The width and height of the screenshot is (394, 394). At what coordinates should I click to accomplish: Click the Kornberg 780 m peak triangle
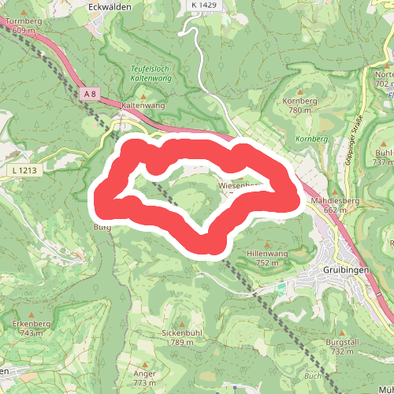(300, 91)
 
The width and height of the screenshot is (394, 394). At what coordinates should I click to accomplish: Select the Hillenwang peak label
(268, 254)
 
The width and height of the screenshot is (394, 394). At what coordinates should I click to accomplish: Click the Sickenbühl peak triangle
(183, 324)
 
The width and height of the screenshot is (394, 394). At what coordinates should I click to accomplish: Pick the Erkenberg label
(32, 323)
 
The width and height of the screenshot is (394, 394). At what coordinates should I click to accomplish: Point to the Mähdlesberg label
(335, 201)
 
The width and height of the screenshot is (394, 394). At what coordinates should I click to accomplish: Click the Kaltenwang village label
(142, 104)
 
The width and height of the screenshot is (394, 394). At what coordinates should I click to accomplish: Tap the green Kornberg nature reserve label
(310, 139)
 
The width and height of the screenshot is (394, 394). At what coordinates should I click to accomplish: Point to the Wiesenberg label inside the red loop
(234, 186)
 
